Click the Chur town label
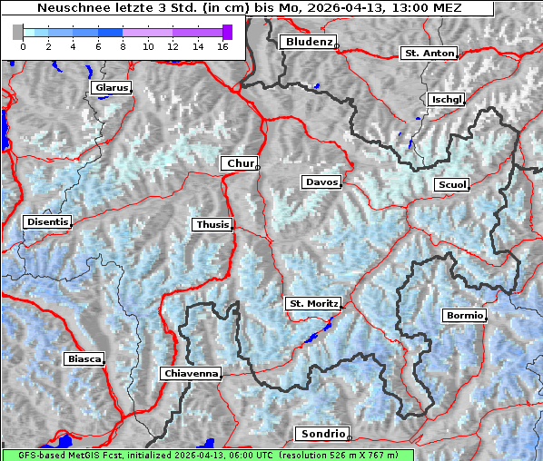click(241, 163)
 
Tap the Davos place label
click(321, 182)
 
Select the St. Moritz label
click(312, 303)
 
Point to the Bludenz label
click(307, 42)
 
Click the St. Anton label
click(428, 54)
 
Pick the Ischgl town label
click(447, 99)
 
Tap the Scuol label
click(451, 185)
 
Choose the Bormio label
click(465, 316)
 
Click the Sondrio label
click(321, 434)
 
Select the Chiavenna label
click(191, 373)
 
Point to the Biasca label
click(84, 358)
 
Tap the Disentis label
click(46, 221)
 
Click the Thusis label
click(212, 224)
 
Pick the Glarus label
click(110, 88)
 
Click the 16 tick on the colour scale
click(221, 46)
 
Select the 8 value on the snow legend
click(122, 46)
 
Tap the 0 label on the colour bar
click(23, 46)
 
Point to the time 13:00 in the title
click(408, 7)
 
